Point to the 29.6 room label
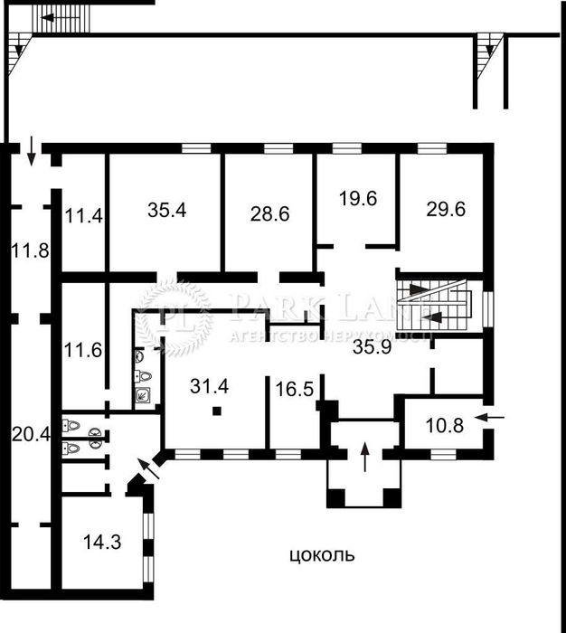tap(446, 209)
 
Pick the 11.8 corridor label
tap(30, 250)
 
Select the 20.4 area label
tap(30, 434)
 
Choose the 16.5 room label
tap(294, 392)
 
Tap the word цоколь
tap(323, 555)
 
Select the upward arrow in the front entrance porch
tap(364, 457)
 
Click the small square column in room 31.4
tap(218, 412)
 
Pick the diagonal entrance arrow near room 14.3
tap(147, 468)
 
